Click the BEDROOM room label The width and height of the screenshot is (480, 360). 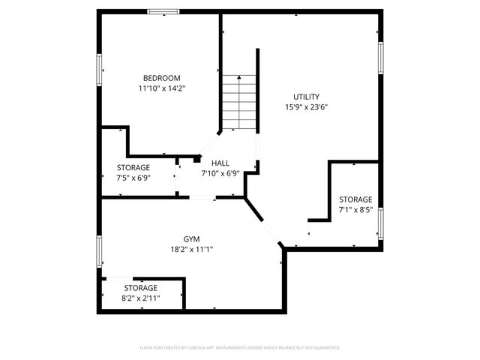coord(162,77)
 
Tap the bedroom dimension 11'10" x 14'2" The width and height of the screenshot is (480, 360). coord(162,88)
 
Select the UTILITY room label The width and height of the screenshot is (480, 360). coord(306,97)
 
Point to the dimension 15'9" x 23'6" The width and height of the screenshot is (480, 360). coord(306,107)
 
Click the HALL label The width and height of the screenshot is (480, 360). coord(220,163)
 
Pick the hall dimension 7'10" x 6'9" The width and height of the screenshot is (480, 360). coord(220,173)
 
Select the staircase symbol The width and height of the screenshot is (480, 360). coord(239,102)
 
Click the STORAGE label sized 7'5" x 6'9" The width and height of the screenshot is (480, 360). coord(133,167)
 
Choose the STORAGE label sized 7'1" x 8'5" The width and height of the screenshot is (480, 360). coord(355,199)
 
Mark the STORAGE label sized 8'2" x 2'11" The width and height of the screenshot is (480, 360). coord(141,288)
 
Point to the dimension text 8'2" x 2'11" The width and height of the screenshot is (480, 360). coord(141,298)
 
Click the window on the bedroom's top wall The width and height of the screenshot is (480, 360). coord(163,11)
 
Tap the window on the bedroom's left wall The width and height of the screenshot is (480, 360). coord(99,70)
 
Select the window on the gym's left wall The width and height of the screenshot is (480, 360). coord(99,250)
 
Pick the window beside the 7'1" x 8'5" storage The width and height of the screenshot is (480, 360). coord(381,221)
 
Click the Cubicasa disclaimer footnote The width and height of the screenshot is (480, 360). coord(240,348)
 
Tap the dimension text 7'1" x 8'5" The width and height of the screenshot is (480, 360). coord(355,210)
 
